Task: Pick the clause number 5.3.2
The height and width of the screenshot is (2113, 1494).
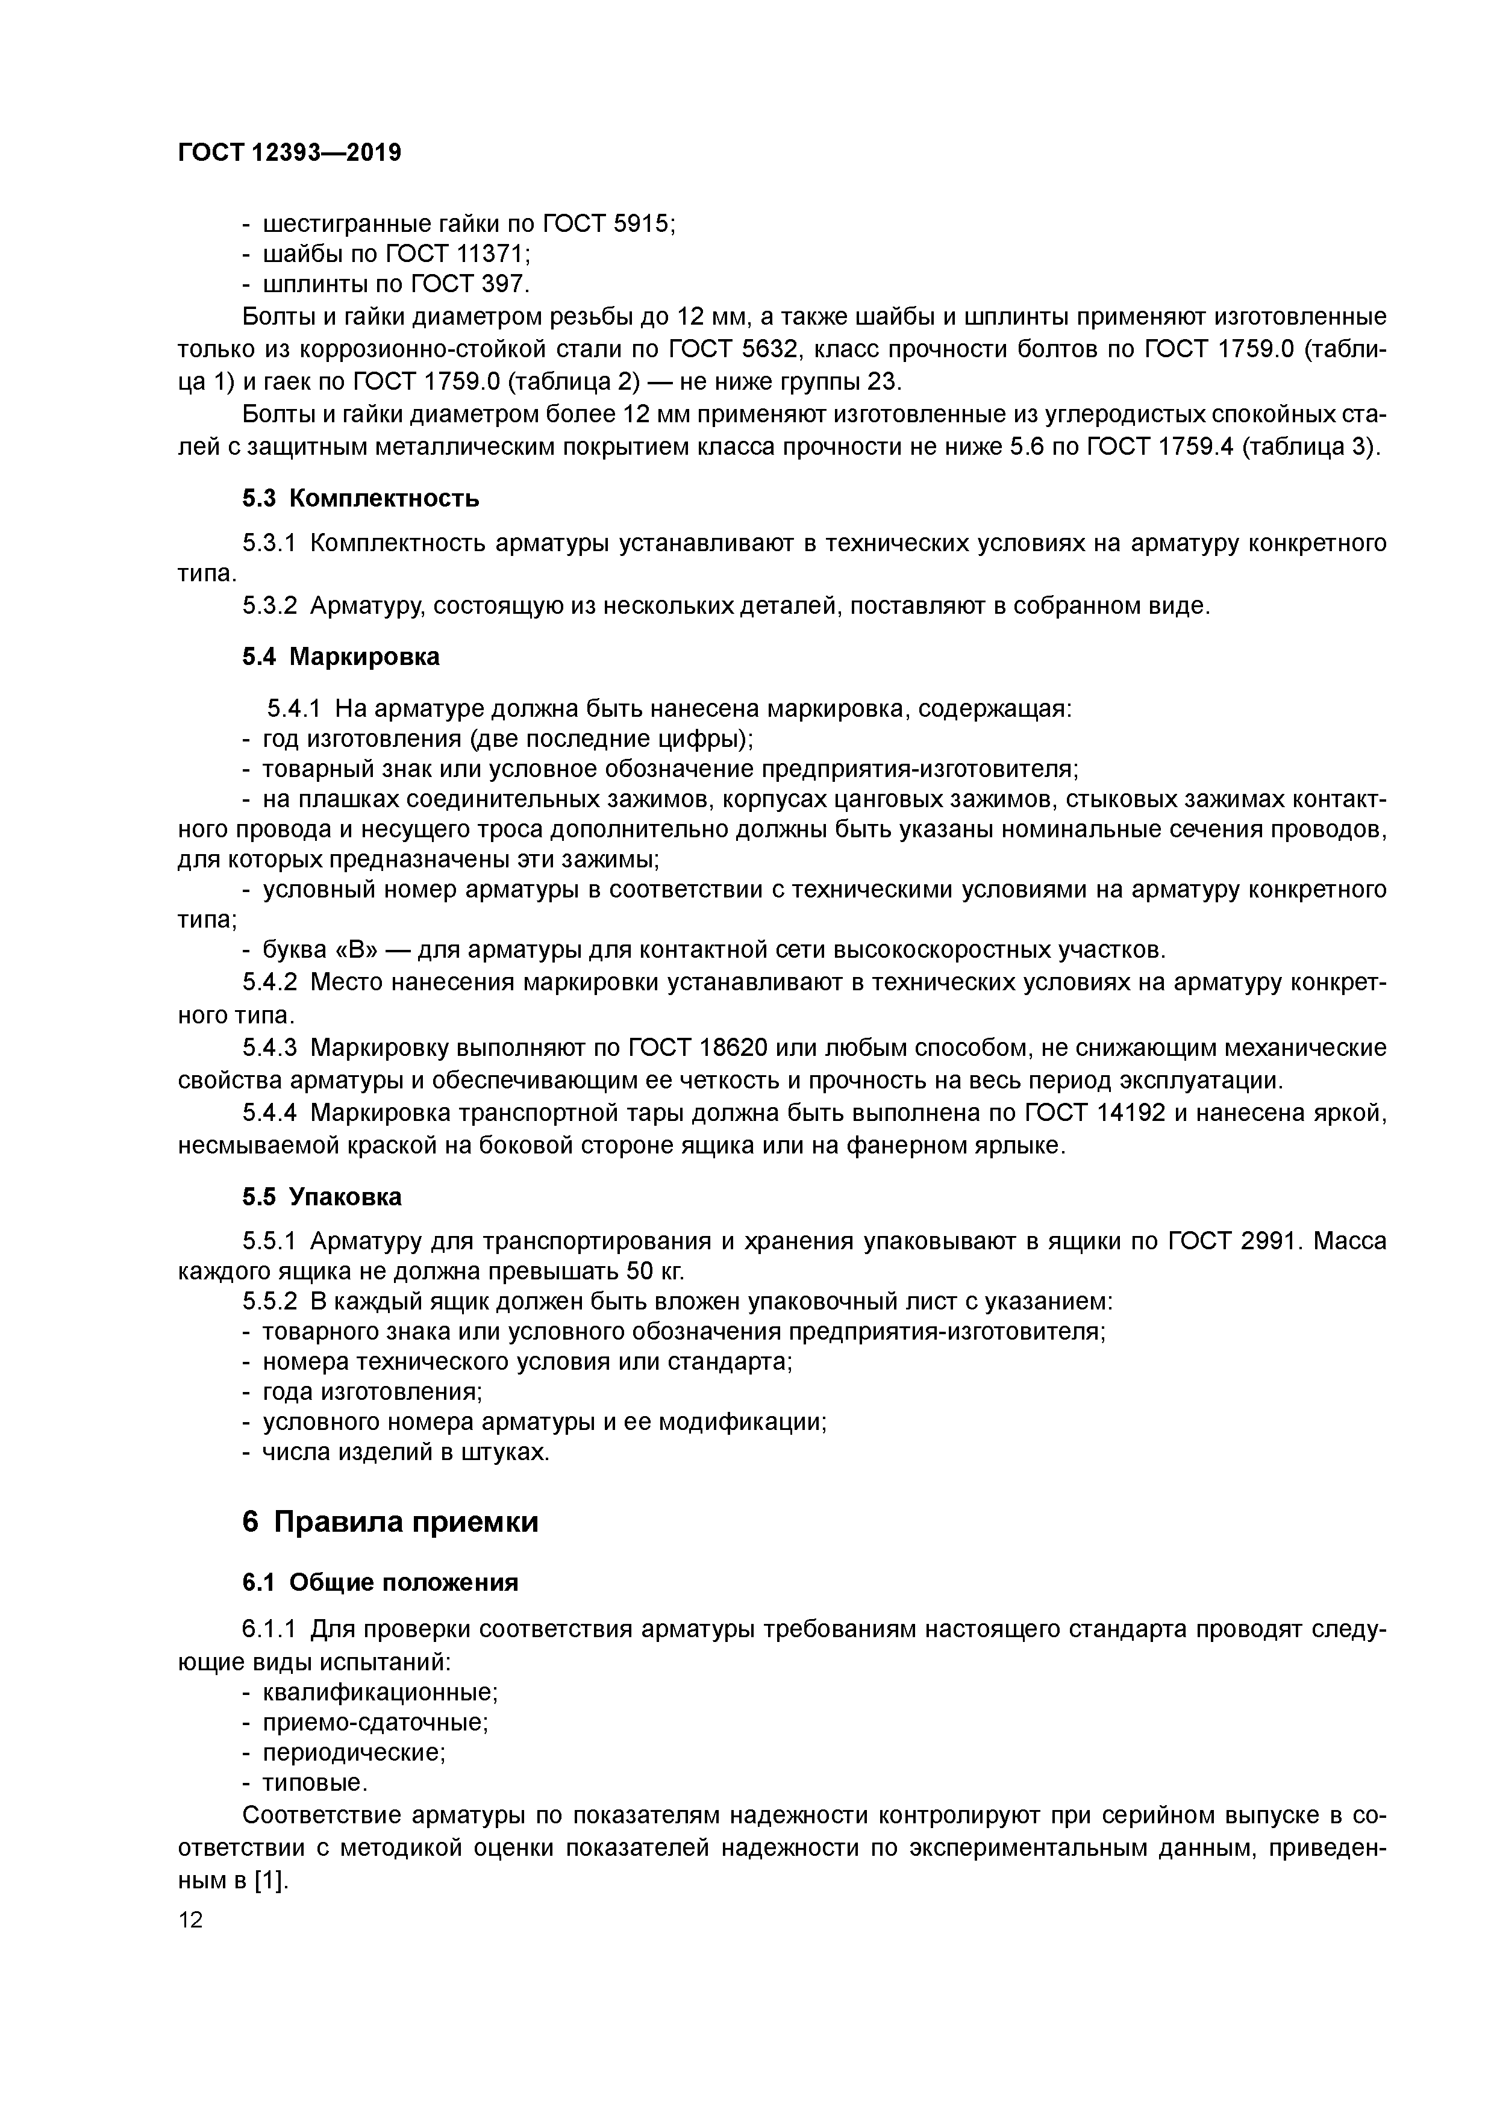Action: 270,605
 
